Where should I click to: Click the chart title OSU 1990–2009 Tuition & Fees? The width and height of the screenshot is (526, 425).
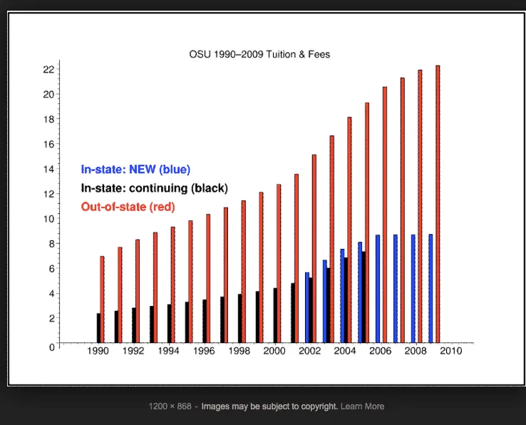coord(259,54)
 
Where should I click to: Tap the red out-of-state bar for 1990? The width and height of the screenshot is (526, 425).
coord(102,299)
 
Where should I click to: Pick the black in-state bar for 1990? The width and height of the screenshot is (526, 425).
coord(98,327)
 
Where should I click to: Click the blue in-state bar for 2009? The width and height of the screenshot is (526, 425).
coord(430,288)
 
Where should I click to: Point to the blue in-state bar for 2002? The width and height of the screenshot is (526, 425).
coord(306,307)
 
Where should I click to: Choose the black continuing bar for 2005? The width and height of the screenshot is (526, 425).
coord(363,297)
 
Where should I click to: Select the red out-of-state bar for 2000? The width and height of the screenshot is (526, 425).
coord(279,263)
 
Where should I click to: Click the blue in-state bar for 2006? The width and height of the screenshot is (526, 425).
coord(378,288)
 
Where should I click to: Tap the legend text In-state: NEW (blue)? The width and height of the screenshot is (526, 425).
coord(135,170)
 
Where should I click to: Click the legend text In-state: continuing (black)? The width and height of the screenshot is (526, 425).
coord(154,188)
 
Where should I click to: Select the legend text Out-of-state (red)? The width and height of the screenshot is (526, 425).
coord(128,207)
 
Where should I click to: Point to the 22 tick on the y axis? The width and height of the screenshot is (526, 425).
coord(48,69)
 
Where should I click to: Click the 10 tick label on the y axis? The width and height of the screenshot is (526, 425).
coord(48,219)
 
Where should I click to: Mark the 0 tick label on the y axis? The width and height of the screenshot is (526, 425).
coord(51,347)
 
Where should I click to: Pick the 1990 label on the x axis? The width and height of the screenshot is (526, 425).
coord(98,352)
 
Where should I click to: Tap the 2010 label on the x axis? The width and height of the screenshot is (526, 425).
coord(450,352)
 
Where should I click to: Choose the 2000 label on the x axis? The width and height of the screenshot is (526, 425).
coord(274,352)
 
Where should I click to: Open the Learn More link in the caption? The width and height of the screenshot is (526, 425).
coord(362,406)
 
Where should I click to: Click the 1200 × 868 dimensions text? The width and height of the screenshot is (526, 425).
coord(170,406)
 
